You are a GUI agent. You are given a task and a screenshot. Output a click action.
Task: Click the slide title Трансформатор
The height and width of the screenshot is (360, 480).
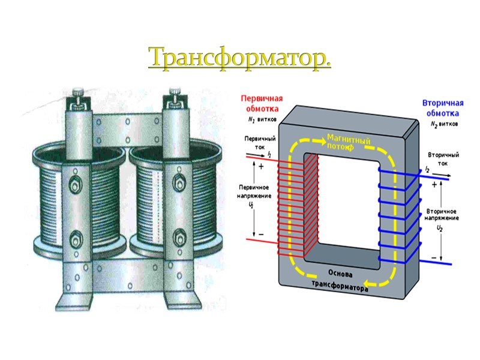coord(239,57)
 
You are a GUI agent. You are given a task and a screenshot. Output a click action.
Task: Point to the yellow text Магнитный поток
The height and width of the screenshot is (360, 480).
coord(348,142)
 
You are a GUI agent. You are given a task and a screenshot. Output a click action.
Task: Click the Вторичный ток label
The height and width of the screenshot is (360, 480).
coord(443,158)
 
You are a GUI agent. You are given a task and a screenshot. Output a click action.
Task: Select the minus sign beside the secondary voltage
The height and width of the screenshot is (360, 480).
coord(434,257)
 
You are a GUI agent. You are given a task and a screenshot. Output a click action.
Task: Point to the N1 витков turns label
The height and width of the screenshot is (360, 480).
coord(262,120)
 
